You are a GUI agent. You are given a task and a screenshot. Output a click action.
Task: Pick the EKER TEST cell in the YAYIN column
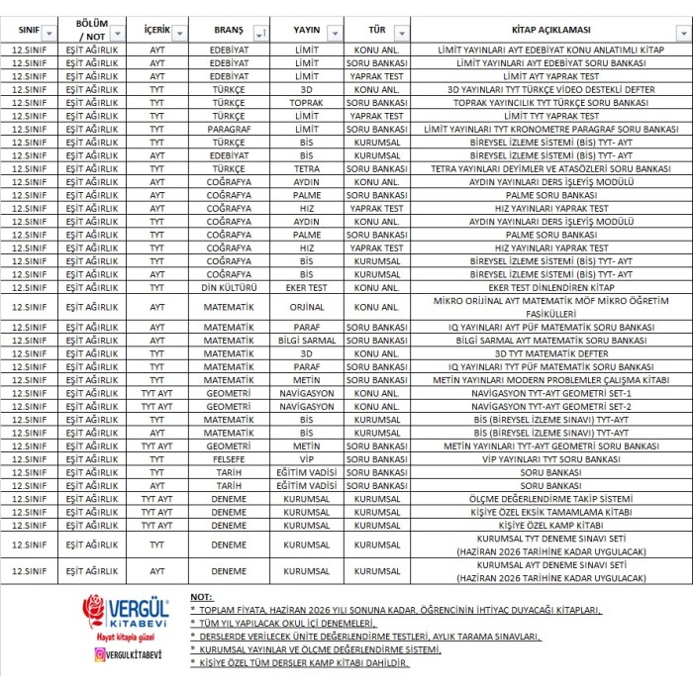click(306, 287)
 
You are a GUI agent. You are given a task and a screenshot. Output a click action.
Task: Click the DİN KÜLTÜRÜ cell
click(229, 287)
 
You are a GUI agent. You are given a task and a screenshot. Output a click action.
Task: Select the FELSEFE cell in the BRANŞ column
click(229, 459)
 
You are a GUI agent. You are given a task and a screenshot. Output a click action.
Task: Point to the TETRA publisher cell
click(306, 168)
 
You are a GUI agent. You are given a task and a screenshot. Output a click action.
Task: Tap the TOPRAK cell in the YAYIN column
click(306, 102)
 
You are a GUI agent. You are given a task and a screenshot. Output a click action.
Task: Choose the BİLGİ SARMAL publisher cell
click(306, 340)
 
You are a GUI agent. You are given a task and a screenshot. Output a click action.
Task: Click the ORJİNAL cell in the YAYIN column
click(306, 307)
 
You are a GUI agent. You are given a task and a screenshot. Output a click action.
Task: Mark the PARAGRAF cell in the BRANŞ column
click(229, 129)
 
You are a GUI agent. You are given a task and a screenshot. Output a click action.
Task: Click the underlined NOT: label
click(201, 598)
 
